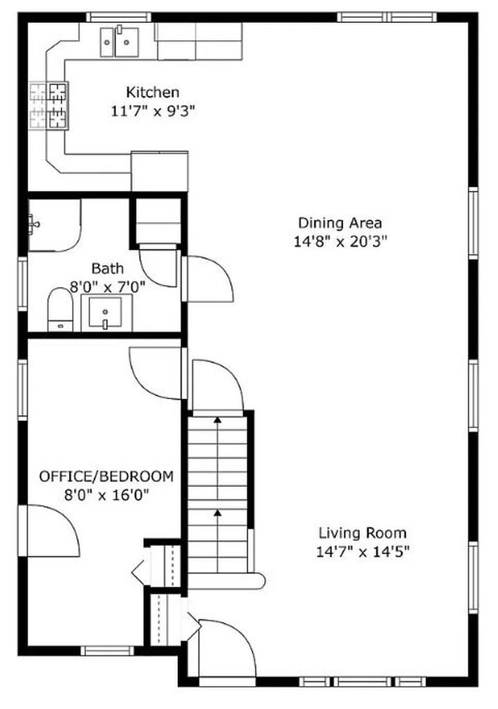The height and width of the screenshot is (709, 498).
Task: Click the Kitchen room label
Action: [152, 92]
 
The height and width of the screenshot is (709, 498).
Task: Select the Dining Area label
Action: [340, 223]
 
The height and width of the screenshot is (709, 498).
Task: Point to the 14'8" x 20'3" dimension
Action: [340, 241]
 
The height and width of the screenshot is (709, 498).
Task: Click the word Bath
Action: [107, 268]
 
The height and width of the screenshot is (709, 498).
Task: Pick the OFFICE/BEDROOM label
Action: [107, 476]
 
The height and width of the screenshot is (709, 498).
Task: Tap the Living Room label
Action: [362, 533]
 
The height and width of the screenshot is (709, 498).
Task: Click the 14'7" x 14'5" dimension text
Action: [362, 552]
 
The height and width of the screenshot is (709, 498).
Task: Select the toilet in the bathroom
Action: [60, 309]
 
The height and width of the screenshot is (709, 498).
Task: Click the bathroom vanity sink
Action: [105, 312]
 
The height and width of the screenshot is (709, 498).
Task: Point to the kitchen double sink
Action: [120, 42]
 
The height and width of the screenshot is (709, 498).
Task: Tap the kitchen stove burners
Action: [49, 106]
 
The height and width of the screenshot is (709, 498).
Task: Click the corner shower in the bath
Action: [54, 225]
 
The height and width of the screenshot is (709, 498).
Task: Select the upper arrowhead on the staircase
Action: [218, 420]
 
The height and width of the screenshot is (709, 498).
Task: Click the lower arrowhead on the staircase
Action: [218, 513]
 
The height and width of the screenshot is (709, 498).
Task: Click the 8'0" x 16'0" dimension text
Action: [107, 495]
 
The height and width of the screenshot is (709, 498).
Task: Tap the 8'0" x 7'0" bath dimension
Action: [107, 286]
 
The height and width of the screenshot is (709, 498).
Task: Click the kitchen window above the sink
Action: [120, 17]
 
